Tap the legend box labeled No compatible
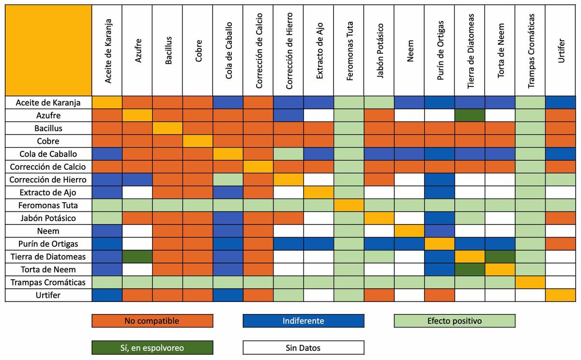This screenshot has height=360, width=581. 152,321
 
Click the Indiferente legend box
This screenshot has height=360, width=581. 303,321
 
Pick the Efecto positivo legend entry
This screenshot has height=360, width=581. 454,321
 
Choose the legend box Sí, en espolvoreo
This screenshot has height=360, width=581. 152,347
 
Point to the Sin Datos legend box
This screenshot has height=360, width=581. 303,347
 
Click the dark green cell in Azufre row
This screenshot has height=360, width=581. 470,115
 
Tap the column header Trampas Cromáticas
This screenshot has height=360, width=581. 530,51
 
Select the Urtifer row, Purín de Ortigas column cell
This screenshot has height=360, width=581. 439,295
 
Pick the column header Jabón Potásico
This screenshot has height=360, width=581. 379,51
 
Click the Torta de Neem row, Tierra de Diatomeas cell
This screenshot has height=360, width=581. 470,269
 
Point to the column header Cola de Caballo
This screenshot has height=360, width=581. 228,51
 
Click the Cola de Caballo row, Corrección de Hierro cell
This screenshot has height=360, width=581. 288,154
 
